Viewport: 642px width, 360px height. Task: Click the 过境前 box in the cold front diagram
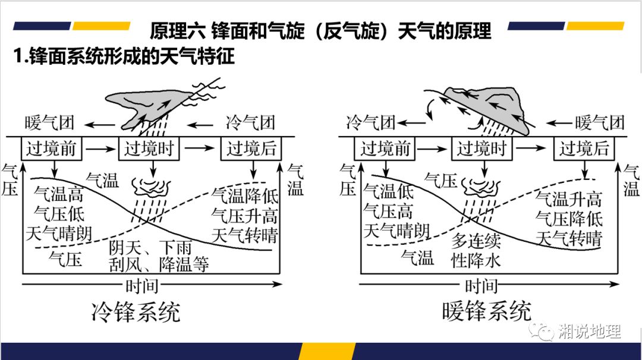point(52,149)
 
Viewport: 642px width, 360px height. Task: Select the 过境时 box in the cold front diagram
point(149,149)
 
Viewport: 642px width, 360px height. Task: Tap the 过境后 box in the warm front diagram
point(584,149)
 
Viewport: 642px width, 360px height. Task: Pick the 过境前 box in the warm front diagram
point(385,149)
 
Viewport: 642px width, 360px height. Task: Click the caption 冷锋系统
point(136,311)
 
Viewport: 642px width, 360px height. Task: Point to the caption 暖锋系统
point(487,311)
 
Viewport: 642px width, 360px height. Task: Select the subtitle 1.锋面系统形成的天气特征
point(124,56)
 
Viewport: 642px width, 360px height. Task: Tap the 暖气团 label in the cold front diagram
point(50,124)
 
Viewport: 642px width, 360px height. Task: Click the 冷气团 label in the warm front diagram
point(371,124)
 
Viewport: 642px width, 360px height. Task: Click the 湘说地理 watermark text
point(590,331)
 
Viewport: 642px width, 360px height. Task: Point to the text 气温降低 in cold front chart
point(245,195)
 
